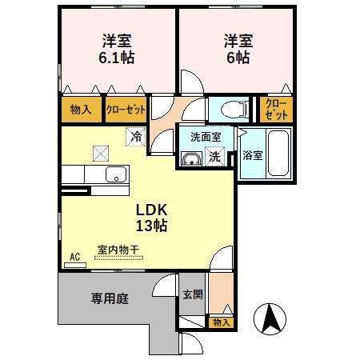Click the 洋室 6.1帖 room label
click(x=117, y=49)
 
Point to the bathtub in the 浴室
click(x=278, y=154)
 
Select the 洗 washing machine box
click(x=214, y=158)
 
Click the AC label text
click(x=75, y=257)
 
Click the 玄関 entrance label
click(x=192, y=294)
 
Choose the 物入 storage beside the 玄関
click(x=221, y=322)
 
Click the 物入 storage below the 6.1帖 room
click(x=81, y=110)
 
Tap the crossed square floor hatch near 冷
click(x=101, y=152)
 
